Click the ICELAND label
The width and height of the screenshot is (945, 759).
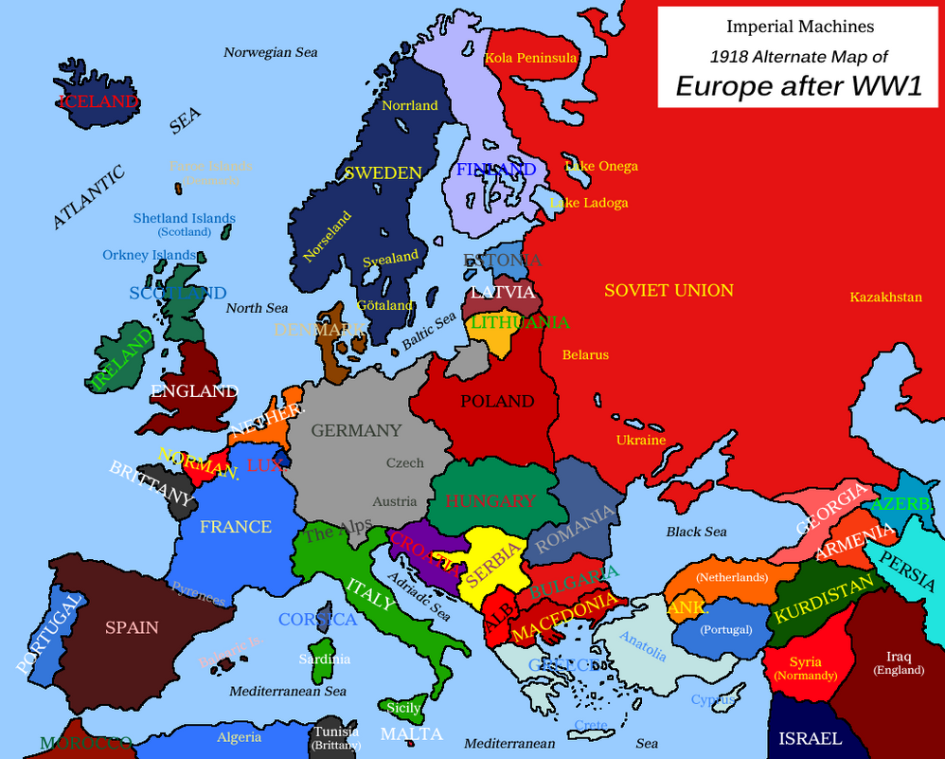[98, 100]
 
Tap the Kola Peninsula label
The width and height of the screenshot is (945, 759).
[530, 58]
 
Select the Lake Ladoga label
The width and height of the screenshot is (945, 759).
[589, 203]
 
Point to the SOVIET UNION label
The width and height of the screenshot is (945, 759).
[669, 291]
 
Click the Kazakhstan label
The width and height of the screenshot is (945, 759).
[885, 298]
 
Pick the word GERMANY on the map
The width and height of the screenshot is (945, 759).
[356, 430]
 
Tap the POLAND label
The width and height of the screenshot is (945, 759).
[497, 402]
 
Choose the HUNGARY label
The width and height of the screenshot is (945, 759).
[490, 501]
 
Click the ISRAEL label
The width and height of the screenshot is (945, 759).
[810, 738]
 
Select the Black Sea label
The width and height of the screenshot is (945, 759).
[696, 532]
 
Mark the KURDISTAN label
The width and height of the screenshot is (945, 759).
[822, 600]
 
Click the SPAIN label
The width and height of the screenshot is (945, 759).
[132, 627]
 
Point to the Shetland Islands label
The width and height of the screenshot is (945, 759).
[184, 218]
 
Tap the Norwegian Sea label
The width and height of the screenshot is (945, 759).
[271, 53]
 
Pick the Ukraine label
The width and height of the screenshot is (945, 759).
[641, 440]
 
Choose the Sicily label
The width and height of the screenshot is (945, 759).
[403, 708]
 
